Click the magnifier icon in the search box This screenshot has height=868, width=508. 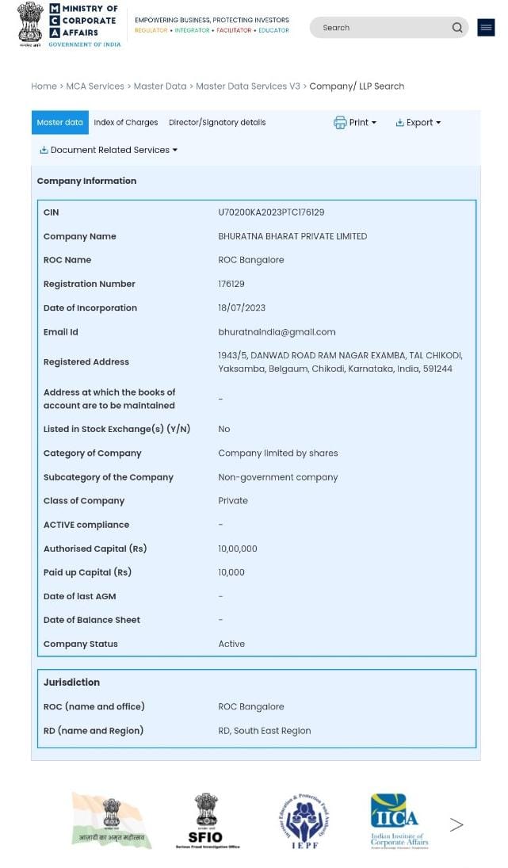pos(457,28)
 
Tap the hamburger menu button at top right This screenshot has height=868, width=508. pos(486,28)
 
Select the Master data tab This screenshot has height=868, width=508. pos(59,123)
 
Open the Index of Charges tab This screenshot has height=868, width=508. pos(125,123)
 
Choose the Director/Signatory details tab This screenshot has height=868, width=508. pos(217,123)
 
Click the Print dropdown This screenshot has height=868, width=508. pos(355,123)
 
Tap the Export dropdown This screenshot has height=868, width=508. pos(418,123)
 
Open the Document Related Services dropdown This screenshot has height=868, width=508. pos(109,150)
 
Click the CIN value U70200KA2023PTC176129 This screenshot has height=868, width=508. pos(271,212)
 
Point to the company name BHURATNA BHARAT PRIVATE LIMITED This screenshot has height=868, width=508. pos(292,236)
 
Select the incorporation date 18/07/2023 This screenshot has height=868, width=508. pos(242,308)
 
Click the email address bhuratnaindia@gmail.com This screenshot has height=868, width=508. pos(277,332)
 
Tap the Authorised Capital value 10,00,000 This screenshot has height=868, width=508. pos(238,549)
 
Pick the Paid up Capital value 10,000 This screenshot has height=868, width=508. pos(231,572)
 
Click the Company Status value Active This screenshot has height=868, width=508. pos(231,644)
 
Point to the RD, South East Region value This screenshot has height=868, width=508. pos(265,731)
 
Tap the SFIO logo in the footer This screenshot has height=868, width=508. pos(206,821)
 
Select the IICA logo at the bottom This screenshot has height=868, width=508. pos(397,821)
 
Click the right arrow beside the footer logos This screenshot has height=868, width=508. pos(456,824)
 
